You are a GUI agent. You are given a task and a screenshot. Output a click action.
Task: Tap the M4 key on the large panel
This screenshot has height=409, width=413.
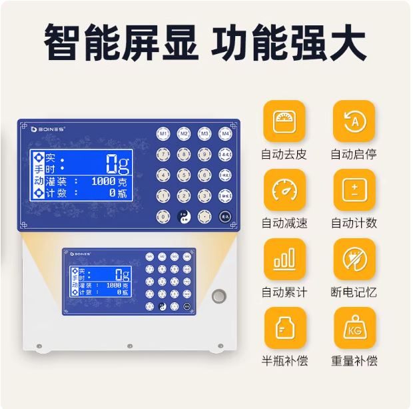click(x=226, y=133)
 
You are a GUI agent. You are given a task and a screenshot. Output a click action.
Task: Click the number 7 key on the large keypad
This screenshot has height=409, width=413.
click(x=163, y=154)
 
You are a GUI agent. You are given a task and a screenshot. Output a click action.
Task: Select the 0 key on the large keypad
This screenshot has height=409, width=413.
click(x=163, y=216)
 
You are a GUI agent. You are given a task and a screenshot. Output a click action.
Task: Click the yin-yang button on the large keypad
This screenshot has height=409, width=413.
click(x=184, y=216)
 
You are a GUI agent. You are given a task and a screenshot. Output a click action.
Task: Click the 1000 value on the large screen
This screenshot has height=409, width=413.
click(x=103, y=181)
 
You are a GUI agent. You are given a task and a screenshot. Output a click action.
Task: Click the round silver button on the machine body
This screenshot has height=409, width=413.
click(x=218, y=295)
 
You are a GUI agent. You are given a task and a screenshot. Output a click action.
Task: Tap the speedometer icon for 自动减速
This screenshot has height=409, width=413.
click(x=284, y=190)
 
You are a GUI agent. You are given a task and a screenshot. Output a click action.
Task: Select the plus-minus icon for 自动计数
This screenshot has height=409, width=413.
click(x=354, y=190)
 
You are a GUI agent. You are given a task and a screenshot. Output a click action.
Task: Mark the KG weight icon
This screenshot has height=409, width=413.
click(x=354, y=328)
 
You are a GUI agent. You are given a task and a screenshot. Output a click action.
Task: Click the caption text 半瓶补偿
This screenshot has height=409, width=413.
click(x=284, y=361)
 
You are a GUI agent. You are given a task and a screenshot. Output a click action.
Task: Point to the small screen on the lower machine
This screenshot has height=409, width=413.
click(x=101, y=281)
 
